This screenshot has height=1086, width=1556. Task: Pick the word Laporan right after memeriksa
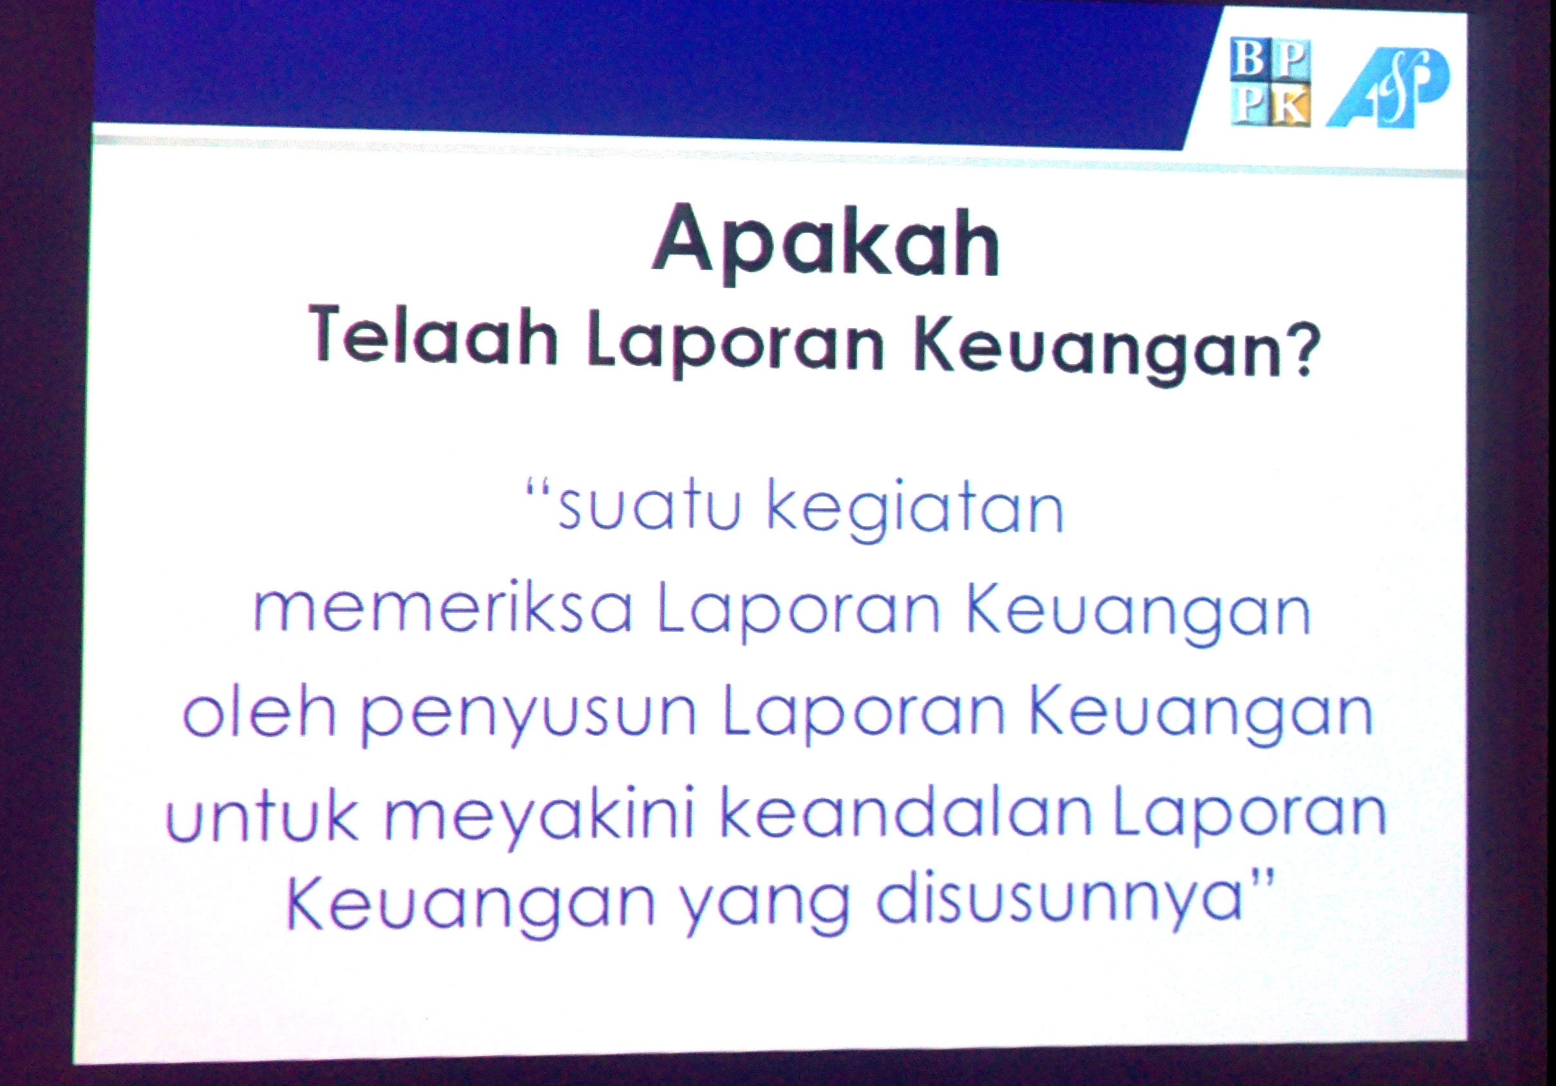tap(799, 612)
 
